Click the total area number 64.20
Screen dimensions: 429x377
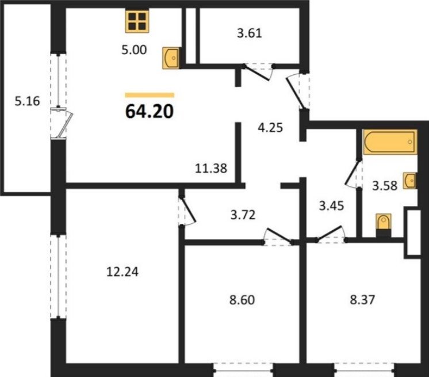pos(150,112)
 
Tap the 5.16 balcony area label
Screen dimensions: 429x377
pos(28,101)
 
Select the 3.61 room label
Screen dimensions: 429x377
pos(250,33)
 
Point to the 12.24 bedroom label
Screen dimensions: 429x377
pos(122,272)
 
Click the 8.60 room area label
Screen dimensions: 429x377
pos(242,300)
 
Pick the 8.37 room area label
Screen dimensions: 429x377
pos(362,299)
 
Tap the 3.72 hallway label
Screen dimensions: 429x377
pos(243,215)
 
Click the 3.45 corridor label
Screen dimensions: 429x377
pos(331,205)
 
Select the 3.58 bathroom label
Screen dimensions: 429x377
pos(385,186)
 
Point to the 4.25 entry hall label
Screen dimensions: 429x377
pos(270,128)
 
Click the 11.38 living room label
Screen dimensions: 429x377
pos(211,168)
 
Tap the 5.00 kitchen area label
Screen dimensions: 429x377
pos(134,50)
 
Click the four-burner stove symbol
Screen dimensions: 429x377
pos(137,21)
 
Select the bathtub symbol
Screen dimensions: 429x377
pos(390,142)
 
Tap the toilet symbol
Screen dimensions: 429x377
pos(384,225)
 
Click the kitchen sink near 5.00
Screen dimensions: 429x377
pos(171,58)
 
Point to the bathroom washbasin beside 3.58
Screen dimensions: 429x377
pos(409,181)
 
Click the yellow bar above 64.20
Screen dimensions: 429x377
pos(150,95)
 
